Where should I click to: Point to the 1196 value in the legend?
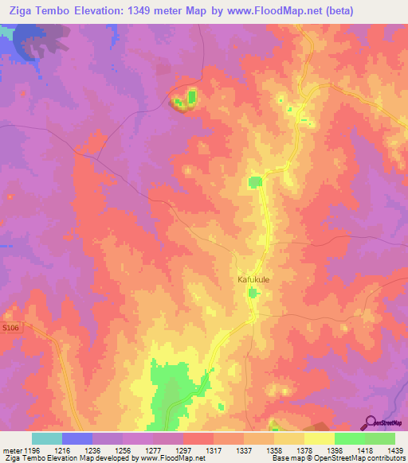(x=29, y=450)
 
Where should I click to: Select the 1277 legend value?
(x=151, y=450)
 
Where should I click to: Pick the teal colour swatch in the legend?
(x=47, y=438)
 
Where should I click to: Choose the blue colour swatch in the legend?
(x=77, y=438)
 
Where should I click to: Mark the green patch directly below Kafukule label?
(x=253, y=294)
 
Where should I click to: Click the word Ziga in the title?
(x=18, y=9)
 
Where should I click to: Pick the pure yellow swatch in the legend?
(x=319, y=438)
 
